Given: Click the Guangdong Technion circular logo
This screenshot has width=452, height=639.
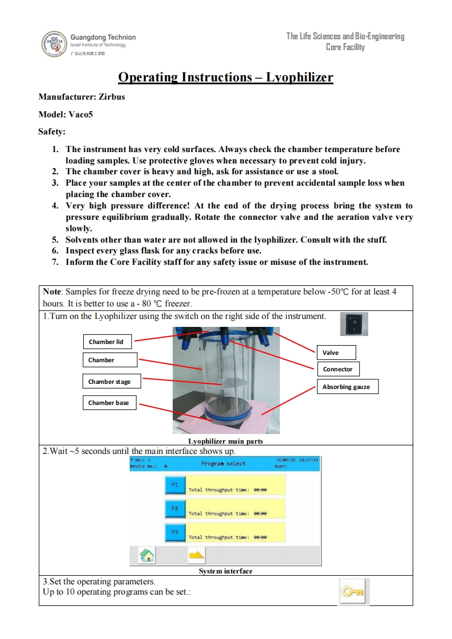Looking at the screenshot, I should pos(55,44).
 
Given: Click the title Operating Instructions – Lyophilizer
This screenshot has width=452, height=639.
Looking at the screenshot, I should pos(225,77).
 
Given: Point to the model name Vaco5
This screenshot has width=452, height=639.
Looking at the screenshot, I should pos(80,114).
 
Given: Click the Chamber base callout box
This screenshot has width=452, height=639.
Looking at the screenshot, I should pos(109,403).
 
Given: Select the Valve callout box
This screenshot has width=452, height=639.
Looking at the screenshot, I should pos(336,353).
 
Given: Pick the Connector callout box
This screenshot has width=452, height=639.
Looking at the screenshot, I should pos(338,369).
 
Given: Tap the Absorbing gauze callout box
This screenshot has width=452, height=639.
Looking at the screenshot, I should pos(346,387).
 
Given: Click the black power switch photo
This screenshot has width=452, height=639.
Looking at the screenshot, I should pos(353,323).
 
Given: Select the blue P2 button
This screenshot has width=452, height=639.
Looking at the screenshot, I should pos(175,509).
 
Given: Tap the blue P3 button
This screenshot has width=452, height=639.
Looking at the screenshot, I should pos(175,532).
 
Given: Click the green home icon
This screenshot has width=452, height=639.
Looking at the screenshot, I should pos(147,555).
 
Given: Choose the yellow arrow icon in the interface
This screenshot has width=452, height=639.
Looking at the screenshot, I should pos(197,555).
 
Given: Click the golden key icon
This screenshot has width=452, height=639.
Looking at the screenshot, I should pos(354,592).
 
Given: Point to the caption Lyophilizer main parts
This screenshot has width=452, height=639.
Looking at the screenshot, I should pos(225,441).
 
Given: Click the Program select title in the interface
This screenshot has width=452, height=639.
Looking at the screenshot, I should pos(223,464).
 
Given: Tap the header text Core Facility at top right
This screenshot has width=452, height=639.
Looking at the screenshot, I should pos(345,47).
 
